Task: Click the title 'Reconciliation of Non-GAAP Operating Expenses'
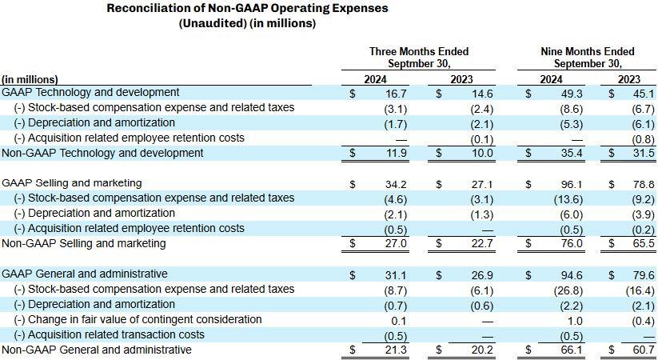click(x=247, y=8)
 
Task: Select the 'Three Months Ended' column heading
click(x=419, y=51)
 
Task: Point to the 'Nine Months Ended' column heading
click(x=588, y=51)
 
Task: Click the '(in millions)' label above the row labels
click(x=30, y=79)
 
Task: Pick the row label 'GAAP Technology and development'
click(x=91, y=93)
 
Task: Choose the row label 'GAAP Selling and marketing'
click(x=72, y=183)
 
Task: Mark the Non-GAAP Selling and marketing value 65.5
click(x=642, y=244)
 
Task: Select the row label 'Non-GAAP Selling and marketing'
click(x=84, y=243)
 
